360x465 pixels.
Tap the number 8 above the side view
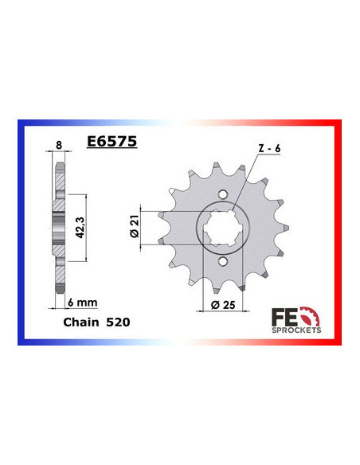[57, 145]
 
